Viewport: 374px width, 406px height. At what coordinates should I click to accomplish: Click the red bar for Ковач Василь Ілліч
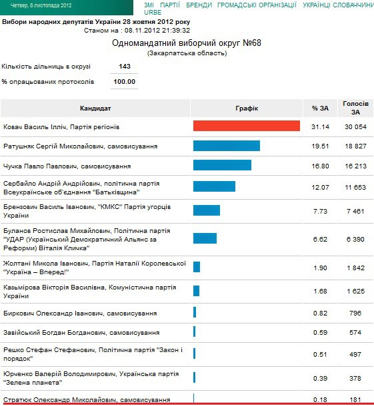point(246,126)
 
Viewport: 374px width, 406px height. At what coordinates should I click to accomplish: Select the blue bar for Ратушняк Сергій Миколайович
point(226,146)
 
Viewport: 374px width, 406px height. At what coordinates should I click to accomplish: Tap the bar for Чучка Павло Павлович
point(222,165)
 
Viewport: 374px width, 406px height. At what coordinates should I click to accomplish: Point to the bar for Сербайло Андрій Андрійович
point(214,186)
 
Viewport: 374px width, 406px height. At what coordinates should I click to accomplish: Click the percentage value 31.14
point(321,126)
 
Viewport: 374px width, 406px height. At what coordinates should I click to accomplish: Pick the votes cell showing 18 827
point(355,146)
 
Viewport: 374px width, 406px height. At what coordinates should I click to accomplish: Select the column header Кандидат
point(95,108)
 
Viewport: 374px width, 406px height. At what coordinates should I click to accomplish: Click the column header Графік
point(246,108)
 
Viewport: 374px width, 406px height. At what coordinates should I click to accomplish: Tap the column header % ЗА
point(321,108)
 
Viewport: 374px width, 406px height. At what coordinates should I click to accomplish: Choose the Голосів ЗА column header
point(355,108)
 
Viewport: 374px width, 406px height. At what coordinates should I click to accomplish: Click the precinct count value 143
point(124,67)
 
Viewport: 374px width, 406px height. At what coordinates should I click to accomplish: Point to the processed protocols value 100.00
point(124,82)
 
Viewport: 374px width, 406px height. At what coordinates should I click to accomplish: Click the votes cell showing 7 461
point(355,211)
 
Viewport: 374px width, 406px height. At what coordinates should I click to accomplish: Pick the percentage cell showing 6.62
point(321,238)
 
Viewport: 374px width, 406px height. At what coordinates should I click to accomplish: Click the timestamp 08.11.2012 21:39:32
point(155,30)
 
